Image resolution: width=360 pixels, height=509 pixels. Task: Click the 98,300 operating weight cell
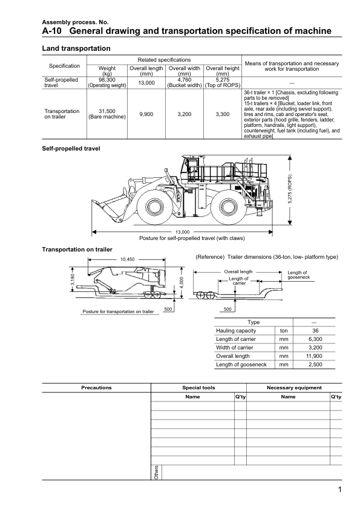(107, 82)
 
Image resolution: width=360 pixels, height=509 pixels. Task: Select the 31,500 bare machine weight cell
(107, 114)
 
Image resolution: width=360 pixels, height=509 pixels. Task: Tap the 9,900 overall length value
(146, 114)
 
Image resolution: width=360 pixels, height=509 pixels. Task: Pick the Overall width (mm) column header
(184, 71)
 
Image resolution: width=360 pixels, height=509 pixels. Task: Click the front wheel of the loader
(152, 207)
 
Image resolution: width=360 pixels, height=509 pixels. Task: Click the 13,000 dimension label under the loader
(182, 232)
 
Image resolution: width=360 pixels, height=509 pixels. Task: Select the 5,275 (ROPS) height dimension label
(290, 189)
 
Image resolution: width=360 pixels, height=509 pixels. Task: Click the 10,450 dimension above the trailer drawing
(127, 259)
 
